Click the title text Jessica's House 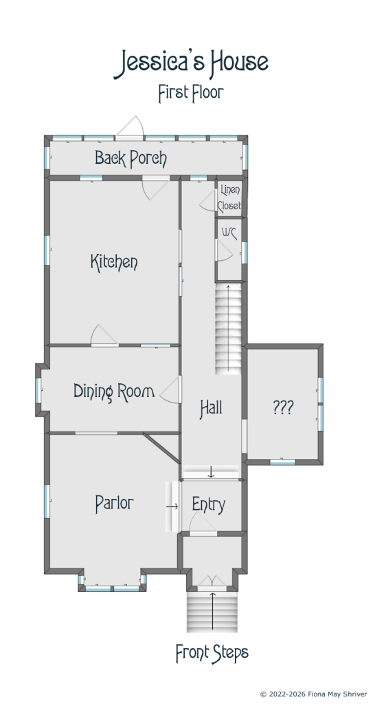(x=192, y=64)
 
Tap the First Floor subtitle (x=191, y=93)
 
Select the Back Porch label (x=130, y=158)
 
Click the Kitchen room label (x=114, y=262)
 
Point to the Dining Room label (x=114, y=392)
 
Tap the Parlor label (x=114, y=503)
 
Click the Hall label (x=211, y=408)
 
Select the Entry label (x=208, y=505)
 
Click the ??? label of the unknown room (x=283, y=407)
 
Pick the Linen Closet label (x=229, y=198)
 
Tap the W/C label (x=229, y=233)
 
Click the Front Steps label (x=212, y=653)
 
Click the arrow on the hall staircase (x=229, y=328)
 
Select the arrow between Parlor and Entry (x=172, y=506)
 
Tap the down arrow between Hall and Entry (x=211, y=472)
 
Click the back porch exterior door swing (x=130, y=126)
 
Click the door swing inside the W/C (x=225, y=250)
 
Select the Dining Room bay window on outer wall (x=38, y=391)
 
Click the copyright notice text (x=314, y=694)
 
